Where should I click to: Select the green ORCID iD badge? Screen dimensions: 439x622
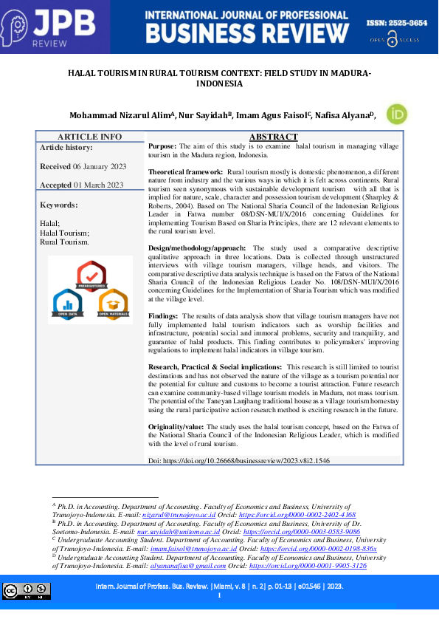(x=397, y=115)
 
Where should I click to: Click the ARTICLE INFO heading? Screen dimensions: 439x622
(x=90, y=137)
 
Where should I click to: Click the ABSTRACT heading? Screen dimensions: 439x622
(x=273, y=137)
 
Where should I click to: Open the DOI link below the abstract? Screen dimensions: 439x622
(x=249, y=459)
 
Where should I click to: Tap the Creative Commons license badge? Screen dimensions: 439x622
(x=27, y=590)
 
